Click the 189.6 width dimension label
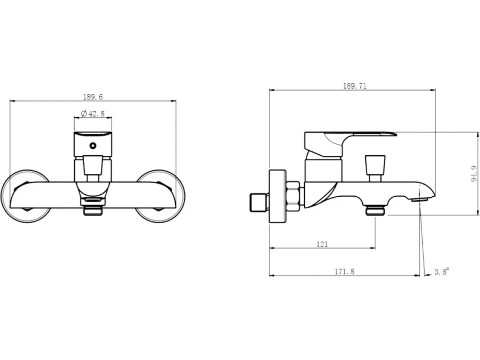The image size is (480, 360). point(93,97)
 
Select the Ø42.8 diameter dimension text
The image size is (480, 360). point(93,113)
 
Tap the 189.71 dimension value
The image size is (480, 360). point(354,86)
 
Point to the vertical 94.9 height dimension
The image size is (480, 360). point(474,174)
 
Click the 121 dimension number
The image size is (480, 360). point(322,244)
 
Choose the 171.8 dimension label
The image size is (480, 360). point(344,271)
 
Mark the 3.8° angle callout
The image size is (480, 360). point(442,271)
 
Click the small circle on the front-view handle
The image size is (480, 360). point(93,145)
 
